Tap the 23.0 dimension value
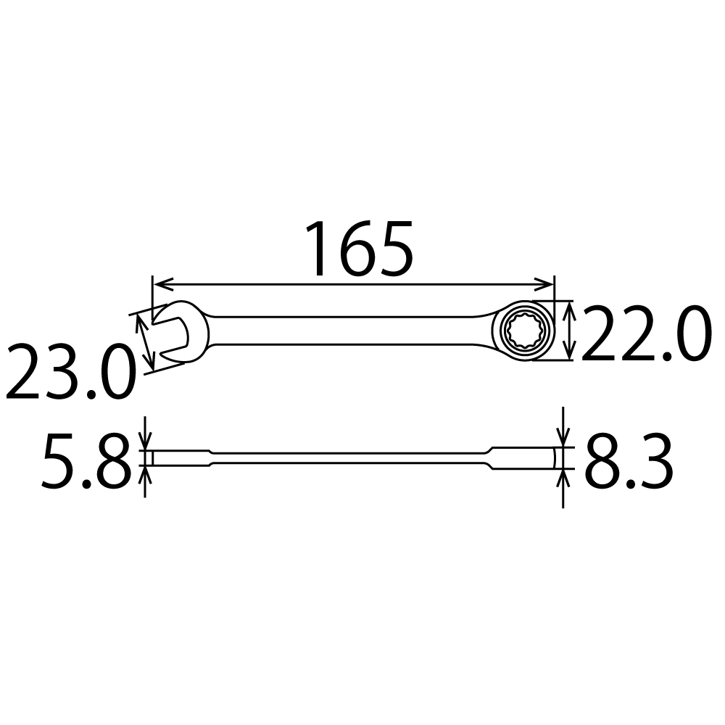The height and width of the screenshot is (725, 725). click(70, 373)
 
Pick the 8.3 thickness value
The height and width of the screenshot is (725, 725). click(628, 462)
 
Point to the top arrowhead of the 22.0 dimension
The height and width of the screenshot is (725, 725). click(571, 307)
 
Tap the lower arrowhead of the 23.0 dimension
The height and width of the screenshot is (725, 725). click(152, 362)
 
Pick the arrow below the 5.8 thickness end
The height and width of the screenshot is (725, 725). click(146, 475)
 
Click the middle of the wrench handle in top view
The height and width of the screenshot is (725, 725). click(348, 331)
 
